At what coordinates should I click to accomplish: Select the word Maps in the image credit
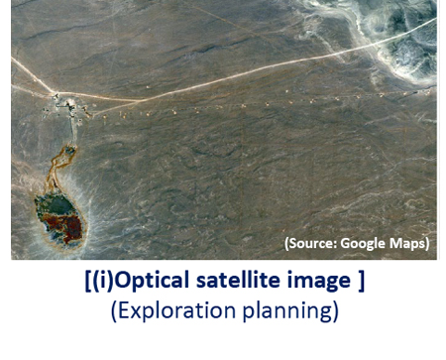click(x=409, y=243)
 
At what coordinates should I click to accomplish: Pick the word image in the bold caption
click(x=316, y=282)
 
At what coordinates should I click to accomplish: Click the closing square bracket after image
click(x=360, y=282)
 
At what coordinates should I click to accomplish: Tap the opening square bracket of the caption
click(x=87, y=282)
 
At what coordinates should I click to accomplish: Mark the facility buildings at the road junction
click(x=61, y=101)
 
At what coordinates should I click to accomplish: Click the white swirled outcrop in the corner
click(x=401, y=45)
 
